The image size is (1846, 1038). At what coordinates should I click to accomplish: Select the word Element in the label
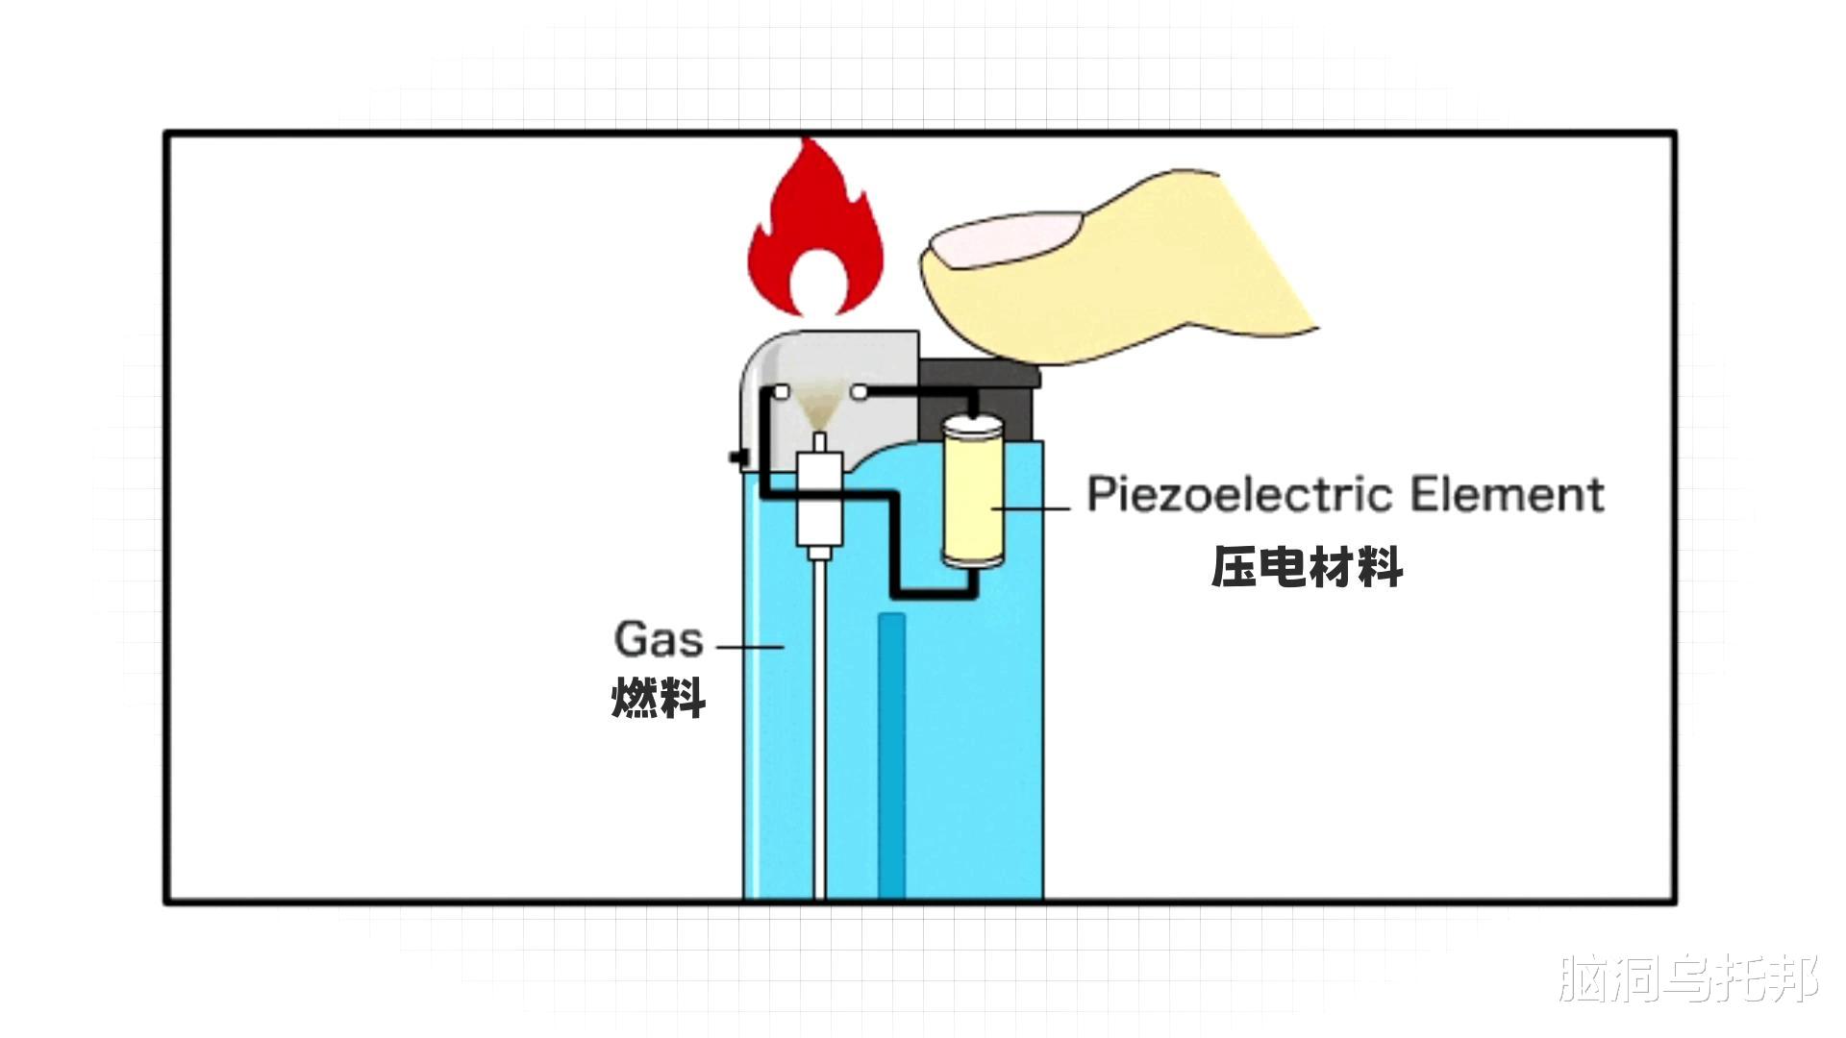pyautogui.click(x=1507, y=494)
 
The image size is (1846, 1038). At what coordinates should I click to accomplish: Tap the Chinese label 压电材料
pyautogui.click(x=1307, y=567)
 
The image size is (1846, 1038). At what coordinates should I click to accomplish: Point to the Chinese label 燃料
pyautogui.click(x=659, y=698)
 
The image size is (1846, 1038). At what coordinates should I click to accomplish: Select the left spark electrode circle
pyautogui.click(x=782, y=392)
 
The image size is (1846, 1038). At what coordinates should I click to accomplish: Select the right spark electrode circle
pyautogui.click(x=859, y=392)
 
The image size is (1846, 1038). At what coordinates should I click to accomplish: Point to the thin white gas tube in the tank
pyautogui.click(x=819, y=730)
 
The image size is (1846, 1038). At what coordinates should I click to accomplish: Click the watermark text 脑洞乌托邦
pyautogui.click(x=1688, y=978)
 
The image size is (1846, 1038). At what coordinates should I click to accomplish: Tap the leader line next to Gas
pyautogui.click(x=750, y=647)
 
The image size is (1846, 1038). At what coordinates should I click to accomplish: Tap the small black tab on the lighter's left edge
pyautogui.click(x=737, y=458)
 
